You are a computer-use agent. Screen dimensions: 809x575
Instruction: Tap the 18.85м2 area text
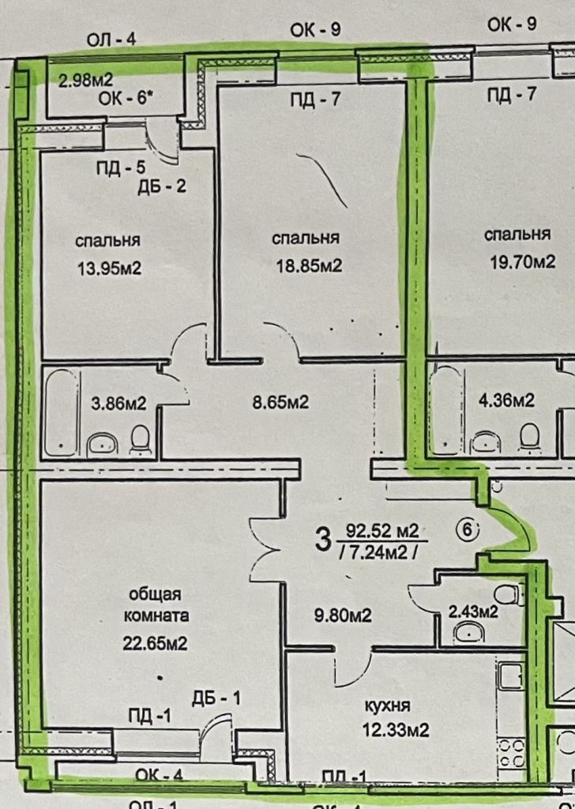307,266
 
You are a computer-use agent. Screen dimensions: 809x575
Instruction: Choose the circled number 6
467,530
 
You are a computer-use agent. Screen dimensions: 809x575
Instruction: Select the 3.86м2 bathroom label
118,403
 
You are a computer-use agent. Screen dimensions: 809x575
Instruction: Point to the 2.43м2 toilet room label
473,611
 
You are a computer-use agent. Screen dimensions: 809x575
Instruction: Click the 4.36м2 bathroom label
507,401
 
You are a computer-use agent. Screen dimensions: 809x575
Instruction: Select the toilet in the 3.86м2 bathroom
141,440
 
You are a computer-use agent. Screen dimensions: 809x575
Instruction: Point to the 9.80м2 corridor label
344,614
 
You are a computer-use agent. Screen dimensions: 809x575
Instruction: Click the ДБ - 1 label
216,698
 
